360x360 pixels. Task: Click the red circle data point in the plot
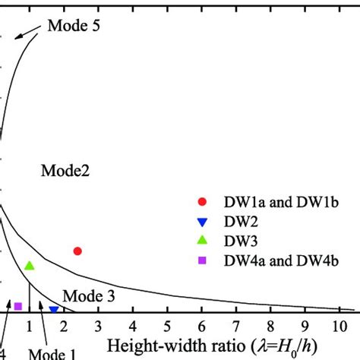(x=77, y=251)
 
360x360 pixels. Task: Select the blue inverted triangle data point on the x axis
(x=54, y=310)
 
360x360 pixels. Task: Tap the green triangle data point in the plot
(x=30, y=266)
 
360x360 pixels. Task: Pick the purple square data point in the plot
(x=17, y=306)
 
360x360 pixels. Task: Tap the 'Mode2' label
(x=65, y=172)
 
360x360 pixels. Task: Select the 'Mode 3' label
(x=88, y=295)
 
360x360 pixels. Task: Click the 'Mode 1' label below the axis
(x=53, y=354)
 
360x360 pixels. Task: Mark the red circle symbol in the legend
(x=202, y=202)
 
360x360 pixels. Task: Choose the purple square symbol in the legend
(x=202, y=261)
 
